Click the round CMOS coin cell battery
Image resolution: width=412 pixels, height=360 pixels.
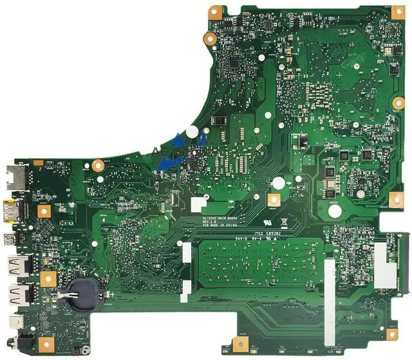coord(82,290)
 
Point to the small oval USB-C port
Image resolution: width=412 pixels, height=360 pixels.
coord(14,322)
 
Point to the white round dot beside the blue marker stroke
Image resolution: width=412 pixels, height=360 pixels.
coord(191,131)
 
